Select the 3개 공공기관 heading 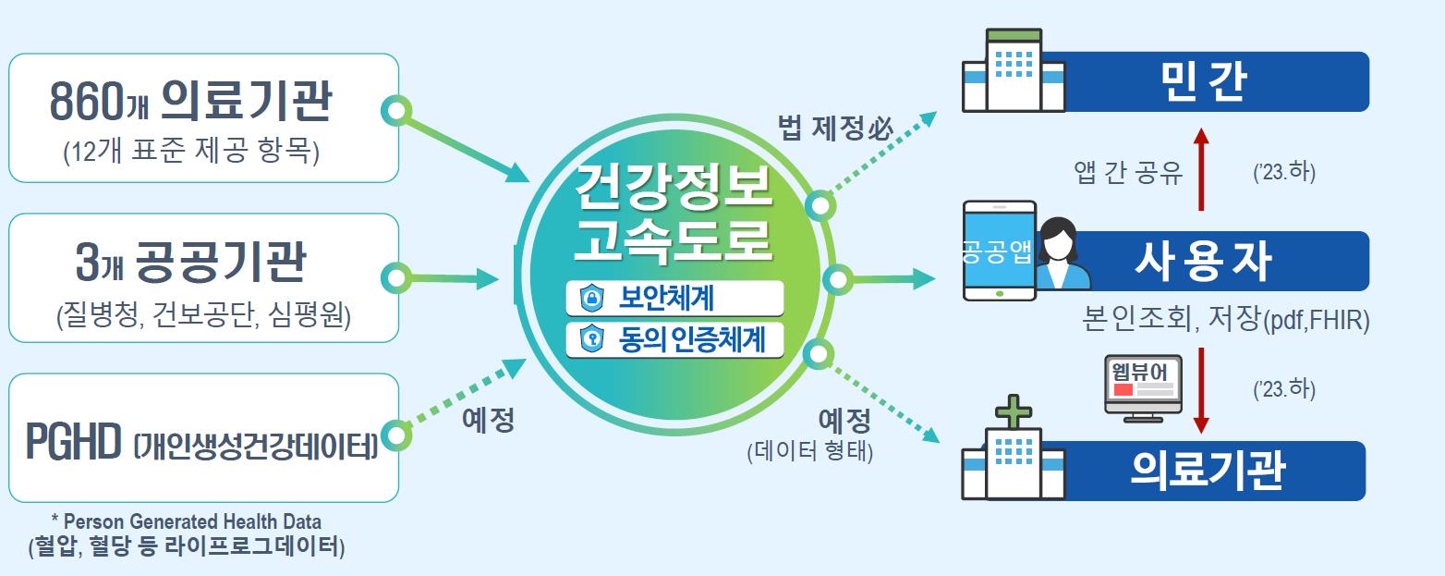click(x=190, y=263)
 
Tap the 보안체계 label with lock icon click(x=674, y=299)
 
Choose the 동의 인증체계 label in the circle click(x=674, y=339)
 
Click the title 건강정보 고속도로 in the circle click(x=673, y=214)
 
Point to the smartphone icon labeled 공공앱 click(x=998, y=251)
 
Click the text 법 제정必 click(x=835, y=129)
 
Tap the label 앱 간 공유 click(x=1128, y=173)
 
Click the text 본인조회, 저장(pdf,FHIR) click(x=1226, y=321)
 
